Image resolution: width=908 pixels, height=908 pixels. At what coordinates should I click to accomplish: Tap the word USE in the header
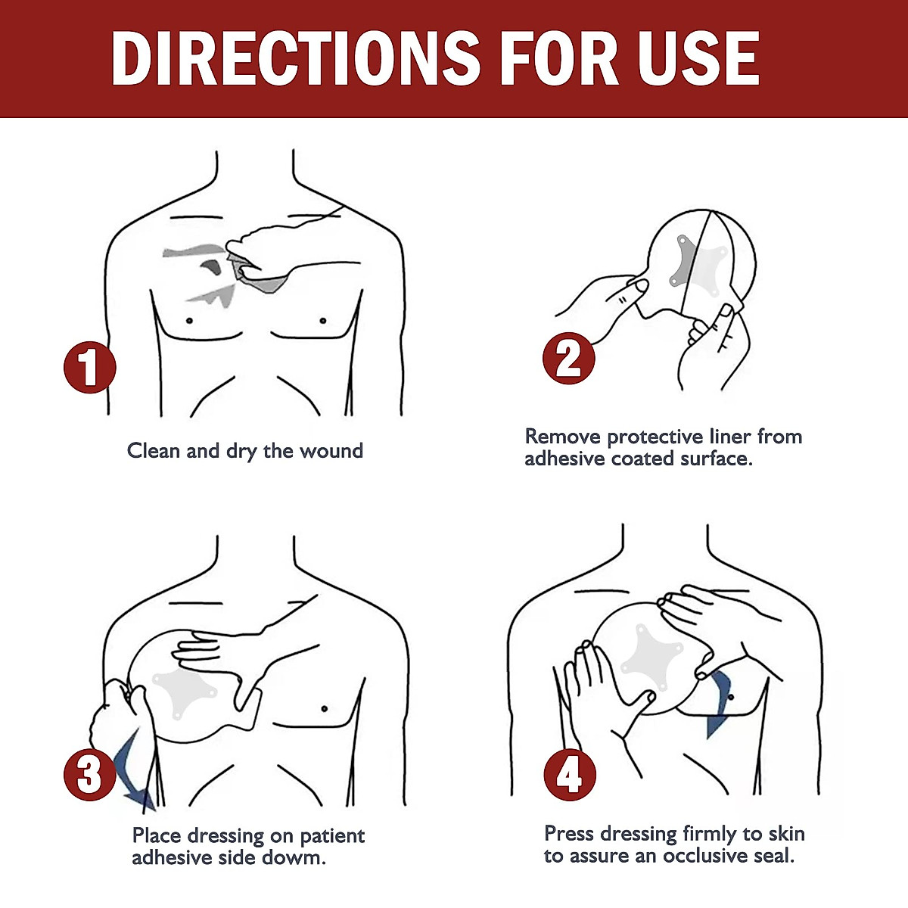tap(698, 59)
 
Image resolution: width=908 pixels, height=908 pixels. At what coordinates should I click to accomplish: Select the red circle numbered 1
tap(89, 368)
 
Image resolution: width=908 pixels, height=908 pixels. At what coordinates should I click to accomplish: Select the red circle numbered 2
tap(569, 359)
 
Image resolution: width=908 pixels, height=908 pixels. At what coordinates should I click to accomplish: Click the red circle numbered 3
tap(89, 774)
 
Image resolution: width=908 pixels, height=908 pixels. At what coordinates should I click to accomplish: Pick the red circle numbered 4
tap(569, 774)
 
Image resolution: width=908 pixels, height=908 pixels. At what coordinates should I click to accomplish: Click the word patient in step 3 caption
tap(332, 836)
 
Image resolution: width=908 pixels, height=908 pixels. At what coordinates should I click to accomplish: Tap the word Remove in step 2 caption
tap(563, 437)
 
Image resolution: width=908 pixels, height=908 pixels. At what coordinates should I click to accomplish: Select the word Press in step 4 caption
tap(569, 834)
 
